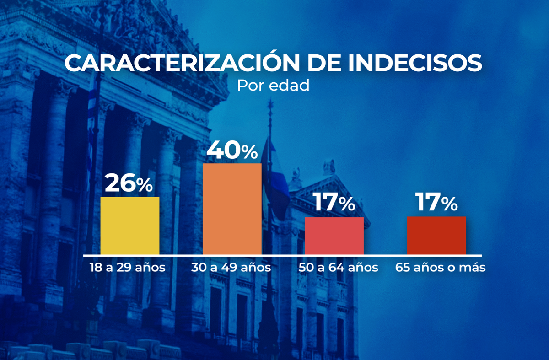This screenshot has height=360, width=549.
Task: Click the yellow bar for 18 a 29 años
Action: point(130,226)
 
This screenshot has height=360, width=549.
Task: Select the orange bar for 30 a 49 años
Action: point(232,209)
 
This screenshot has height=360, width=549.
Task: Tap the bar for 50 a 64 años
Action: point(334,236)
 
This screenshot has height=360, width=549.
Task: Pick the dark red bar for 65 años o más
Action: point(436,235)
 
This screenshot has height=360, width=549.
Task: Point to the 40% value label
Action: point(232,150)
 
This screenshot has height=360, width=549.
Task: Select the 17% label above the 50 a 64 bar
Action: point(334,203)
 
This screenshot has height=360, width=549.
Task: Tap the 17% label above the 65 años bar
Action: point(436,203)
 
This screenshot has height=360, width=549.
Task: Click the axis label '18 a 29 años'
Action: point(127,267)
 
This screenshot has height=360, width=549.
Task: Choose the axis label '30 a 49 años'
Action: point(231,267)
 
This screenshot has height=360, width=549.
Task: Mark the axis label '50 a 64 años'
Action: point(338,267)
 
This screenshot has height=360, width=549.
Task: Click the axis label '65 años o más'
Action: point(441,267)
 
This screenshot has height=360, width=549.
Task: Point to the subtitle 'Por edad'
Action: point(273,86)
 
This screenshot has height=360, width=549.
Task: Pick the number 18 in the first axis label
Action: point(95,267)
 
